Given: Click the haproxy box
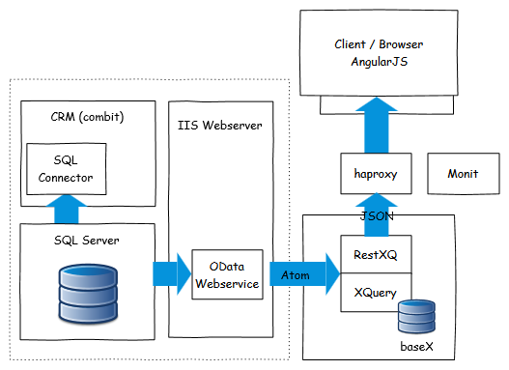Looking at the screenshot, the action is pyautogui.click(x=376, y=174).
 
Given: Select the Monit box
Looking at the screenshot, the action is pyautogui.click(x=464, y=174).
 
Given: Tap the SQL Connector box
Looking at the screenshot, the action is pyautogui.click(x=67, y=169).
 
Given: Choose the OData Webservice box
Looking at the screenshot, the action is pyautogui.click(x=227, y=274).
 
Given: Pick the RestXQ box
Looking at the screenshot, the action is pyautogui.click(x=376, y=254).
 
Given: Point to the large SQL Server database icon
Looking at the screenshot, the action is pyautogui.click(x=88, y=294).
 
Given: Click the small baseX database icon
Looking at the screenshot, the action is pyautogui.click(x=416, y=317).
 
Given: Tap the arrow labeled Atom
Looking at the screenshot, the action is pyautogui.click(x=304, y=274).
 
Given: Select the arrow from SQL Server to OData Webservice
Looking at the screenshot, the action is pyautogui.click(x=172, y=274).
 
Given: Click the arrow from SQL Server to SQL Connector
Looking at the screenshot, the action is pyautogui.click(x=67, y=209).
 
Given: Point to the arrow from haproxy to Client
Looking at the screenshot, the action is pyautogui.click(x=377, y=125).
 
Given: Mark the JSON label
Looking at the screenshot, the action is pyautogui.click(x=377, y=215).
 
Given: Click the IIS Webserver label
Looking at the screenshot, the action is pyautogui.click(x=220, y=126).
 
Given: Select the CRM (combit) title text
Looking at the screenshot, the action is pyautogui.click(x=87, y=117).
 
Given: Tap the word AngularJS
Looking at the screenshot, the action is pyautogui.click(x=380, y=62).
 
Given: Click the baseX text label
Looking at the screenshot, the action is pyautogui.click(x=416, y=347).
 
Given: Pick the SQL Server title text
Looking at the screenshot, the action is pyautogui.click(x=86, y=241).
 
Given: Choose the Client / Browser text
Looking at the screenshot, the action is pyautogui.click(x=379, y=44).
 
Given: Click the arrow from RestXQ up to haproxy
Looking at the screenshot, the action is pyautogui.click(x=377, y=214).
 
